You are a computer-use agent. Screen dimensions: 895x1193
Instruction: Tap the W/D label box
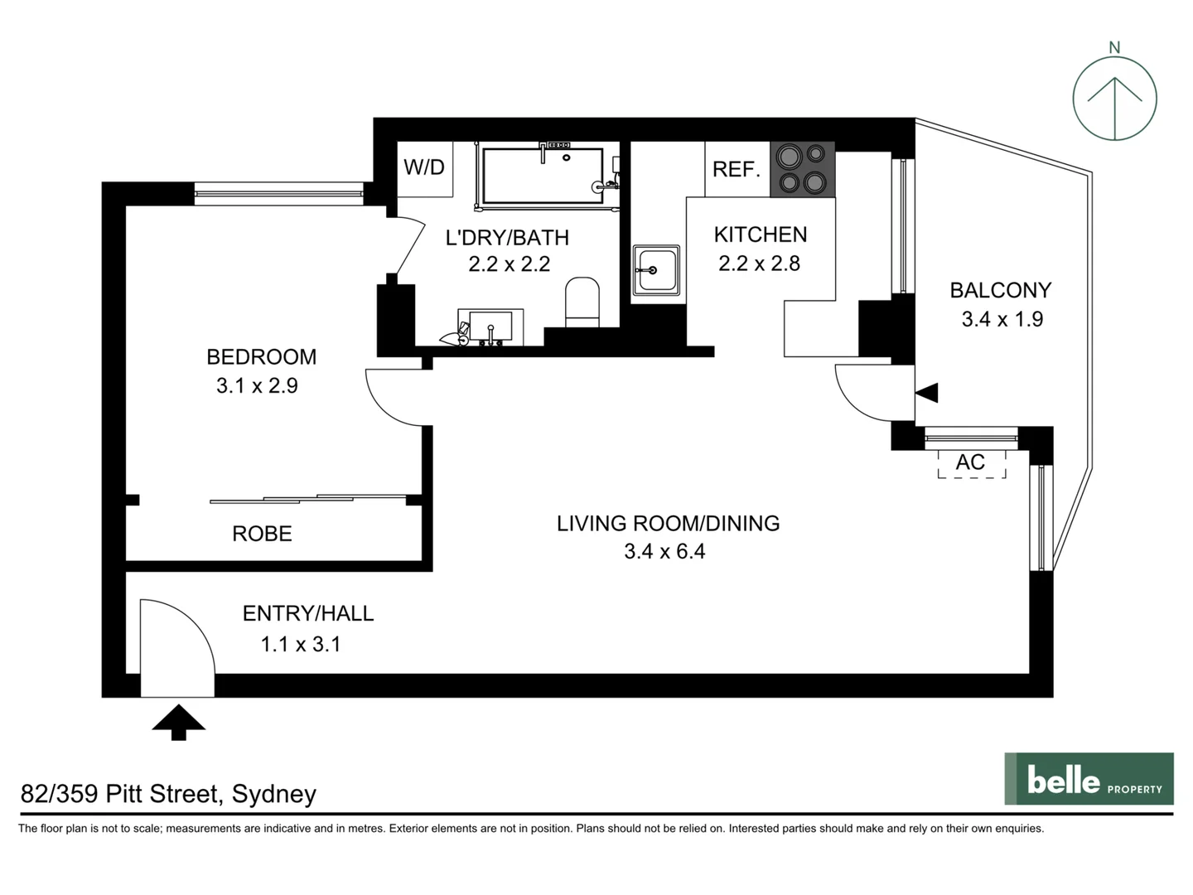(424, 168)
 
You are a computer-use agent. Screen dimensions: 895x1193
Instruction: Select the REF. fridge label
(736, 170)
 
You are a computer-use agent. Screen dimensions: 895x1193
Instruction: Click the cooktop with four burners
(802, 169)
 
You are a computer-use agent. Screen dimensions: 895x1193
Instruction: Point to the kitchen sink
(656, 270)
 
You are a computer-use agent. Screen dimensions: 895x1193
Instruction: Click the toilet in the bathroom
(582, 303)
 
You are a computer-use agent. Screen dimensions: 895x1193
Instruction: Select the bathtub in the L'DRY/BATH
(543, 176)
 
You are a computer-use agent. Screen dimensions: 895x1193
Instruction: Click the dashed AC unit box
(971, 463)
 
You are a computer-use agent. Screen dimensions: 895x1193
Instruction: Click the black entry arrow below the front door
(178, 722)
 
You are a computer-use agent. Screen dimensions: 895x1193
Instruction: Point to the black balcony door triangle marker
(927, 393)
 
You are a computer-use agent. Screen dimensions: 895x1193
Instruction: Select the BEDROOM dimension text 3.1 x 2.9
(257, 385)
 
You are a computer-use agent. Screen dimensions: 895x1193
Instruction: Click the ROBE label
(262, 534)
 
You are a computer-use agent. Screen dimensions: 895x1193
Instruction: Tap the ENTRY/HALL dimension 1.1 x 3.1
(301, 644)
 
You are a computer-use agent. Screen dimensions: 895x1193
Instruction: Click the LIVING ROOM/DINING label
(668, 523)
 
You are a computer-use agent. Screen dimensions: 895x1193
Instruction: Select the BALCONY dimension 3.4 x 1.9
(1002, 319)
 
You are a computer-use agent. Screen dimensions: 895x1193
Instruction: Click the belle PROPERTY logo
(1089, 778)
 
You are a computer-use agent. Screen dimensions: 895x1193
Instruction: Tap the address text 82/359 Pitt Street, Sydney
(168, 794)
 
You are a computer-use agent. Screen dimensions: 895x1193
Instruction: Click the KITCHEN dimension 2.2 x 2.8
(759, 264)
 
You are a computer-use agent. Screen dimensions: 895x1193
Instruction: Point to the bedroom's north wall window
(278, 195)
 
